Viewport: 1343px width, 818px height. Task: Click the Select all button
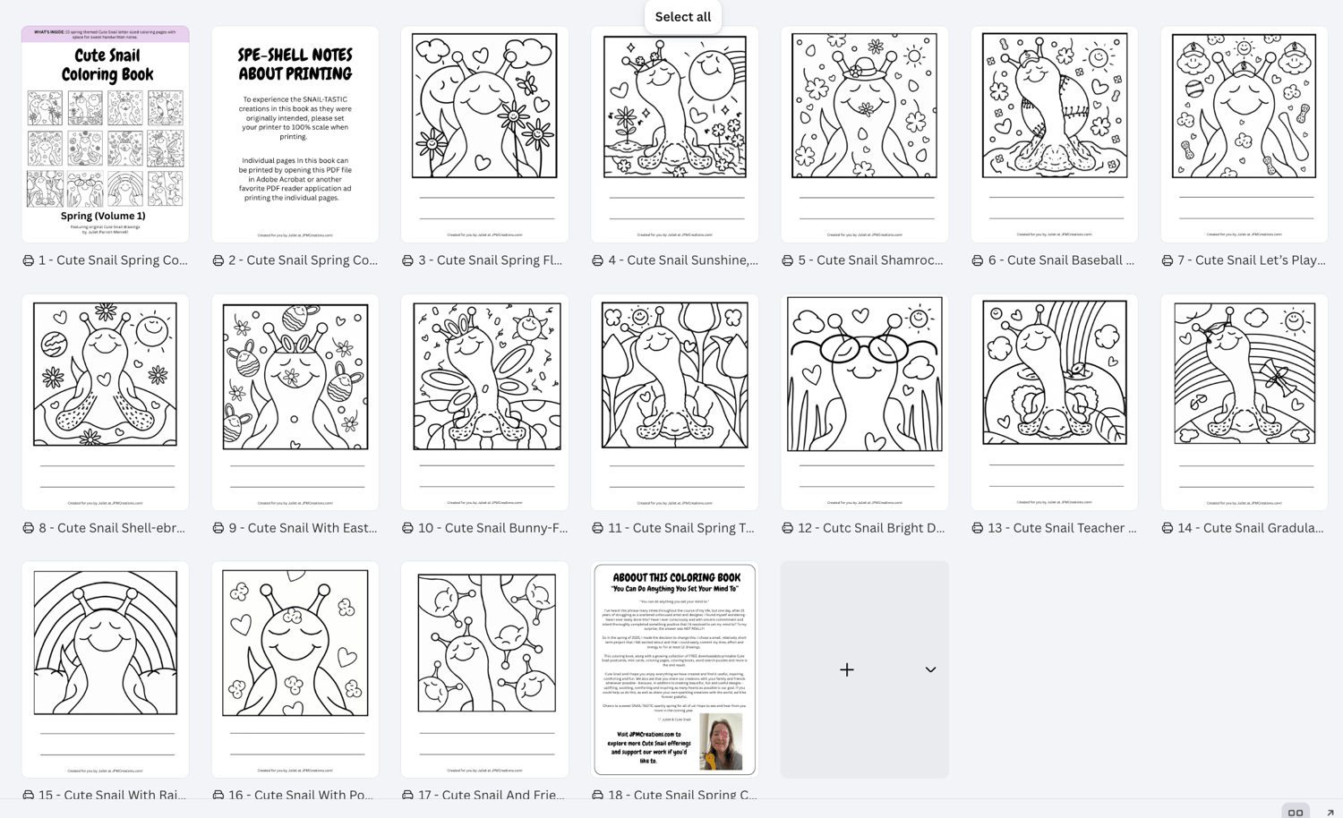(682, 16)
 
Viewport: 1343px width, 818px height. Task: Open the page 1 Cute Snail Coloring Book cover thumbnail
(106, 134)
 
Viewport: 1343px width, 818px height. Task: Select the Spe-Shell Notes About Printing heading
(295, 64)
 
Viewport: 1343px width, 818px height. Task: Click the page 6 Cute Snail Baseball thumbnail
(1054, 134)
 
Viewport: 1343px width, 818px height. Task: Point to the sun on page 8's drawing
(153, 328)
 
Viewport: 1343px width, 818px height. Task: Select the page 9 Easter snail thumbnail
(295, 402)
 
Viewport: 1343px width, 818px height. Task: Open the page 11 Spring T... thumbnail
(674, 402)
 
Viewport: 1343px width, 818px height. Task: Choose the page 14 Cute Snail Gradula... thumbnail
(1244, 402)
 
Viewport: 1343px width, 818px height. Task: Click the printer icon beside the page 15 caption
(29, 795)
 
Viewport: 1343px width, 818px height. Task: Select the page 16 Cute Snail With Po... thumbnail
(295, 669)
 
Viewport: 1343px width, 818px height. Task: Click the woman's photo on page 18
(721, 742)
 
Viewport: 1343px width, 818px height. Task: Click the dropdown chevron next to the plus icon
(930, 669)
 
